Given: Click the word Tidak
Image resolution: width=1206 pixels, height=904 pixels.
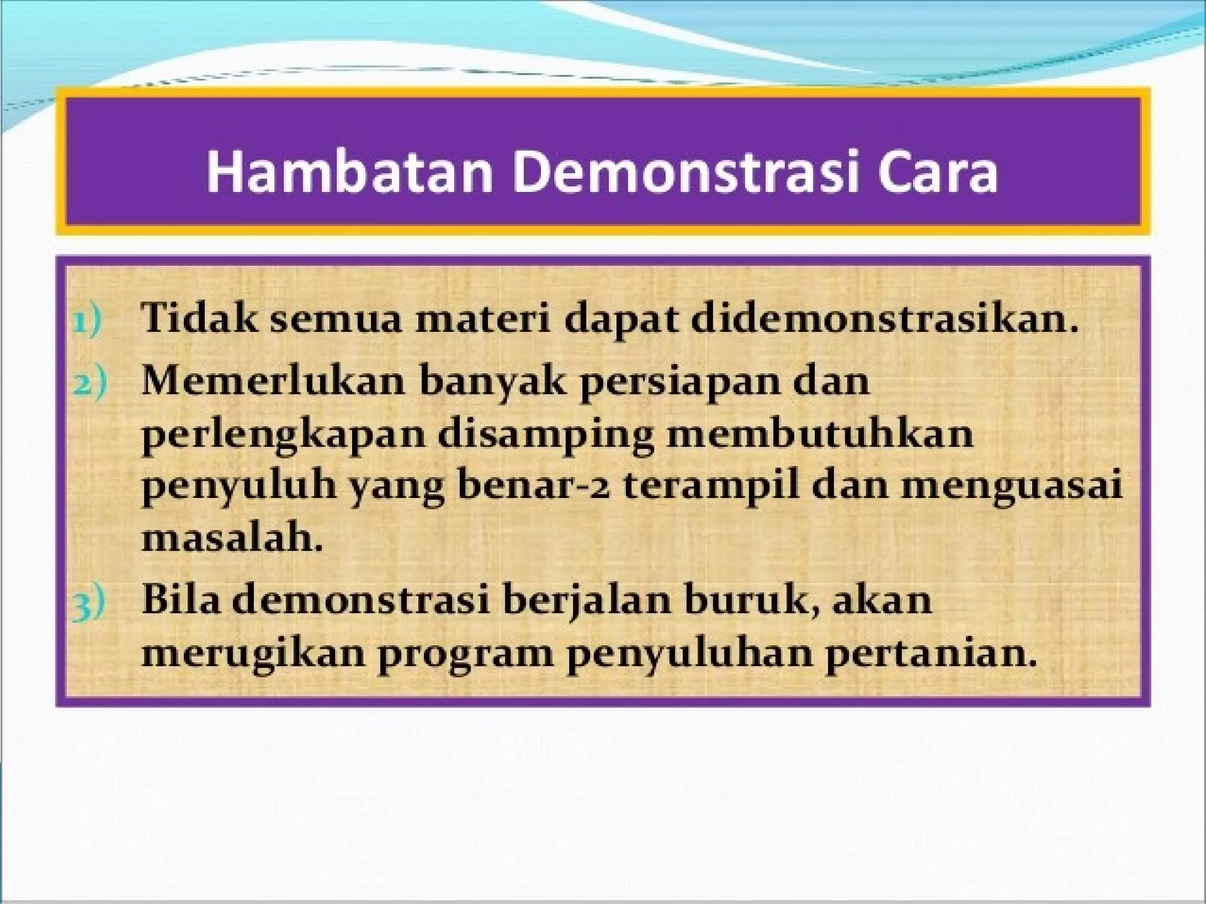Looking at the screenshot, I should point(200,320).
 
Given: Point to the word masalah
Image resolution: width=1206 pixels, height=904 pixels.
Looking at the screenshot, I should point(232,537).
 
